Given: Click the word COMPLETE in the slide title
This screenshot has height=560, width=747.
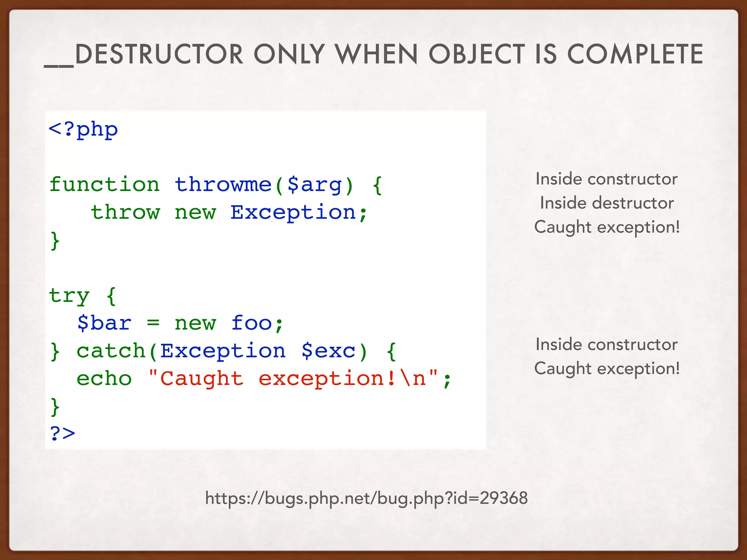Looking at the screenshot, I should click(635, 54).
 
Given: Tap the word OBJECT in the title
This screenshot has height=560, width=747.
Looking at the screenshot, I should click(476, 54).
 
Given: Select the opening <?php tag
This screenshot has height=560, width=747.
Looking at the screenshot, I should click(83, 129).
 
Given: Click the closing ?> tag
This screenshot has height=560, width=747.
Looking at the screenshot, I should click(62, 433).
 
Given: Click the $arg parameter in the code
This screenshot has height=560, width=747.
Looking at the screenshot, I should click(314, 184).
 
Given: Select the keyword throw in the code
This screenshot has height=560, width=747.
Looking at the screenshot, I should click(125, 212).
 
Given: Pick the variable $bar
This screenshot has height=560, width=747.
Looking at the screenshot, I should click(104, 323).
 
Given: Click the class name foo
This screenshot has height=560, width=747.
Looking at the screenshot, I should click(252, 323).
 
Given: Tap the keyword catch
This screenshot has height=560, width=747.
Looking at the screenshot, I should click(111, 351).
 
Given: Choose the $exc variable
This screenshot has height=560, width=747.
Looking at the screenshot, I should click(328, 351).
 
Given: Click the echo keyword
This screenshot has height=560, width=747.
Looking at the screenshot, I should click(104, 378).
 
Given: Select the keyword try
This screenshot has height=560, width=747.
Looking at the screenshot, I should click(69, 295).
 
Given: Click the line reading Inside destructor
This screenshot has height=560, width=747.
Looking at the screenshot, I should click(607, 203).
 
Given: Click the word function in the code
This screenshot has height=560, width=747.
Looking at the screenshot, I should click(104, 184).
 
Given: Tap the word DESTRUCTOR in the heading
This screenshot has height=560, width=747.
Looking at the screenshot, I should click(159, 54).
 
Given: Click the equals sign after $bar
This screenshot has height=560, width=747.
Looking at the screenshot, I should click(153, 323).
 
